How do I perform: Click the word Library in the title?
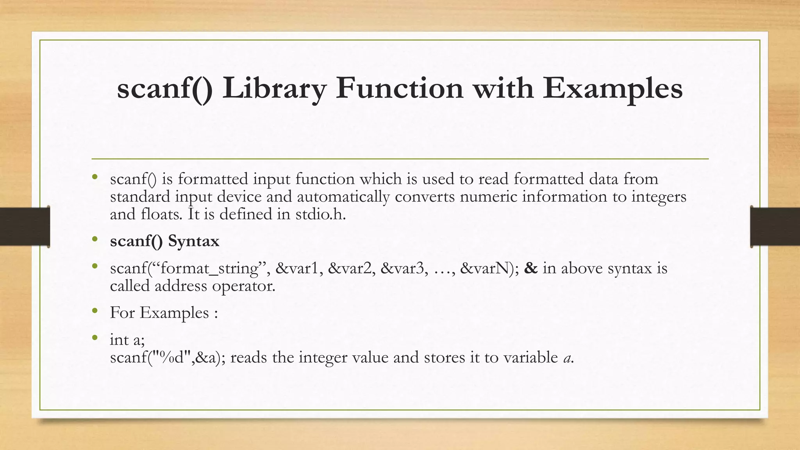[274, 88]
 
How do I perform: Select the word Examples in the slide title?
[612, 88]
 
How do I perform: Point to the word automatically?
[343, 196]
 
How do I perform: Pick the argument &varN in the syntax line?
[487, 268]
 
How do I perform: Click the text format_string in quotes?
[210, 268]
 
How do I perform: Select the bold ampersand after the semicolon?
[531, 268]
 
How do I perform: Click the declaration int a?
[127, 339]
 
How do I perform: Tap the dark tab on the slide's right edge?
[775, 227]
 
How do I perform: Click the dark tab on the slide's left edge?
[25, 227]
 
